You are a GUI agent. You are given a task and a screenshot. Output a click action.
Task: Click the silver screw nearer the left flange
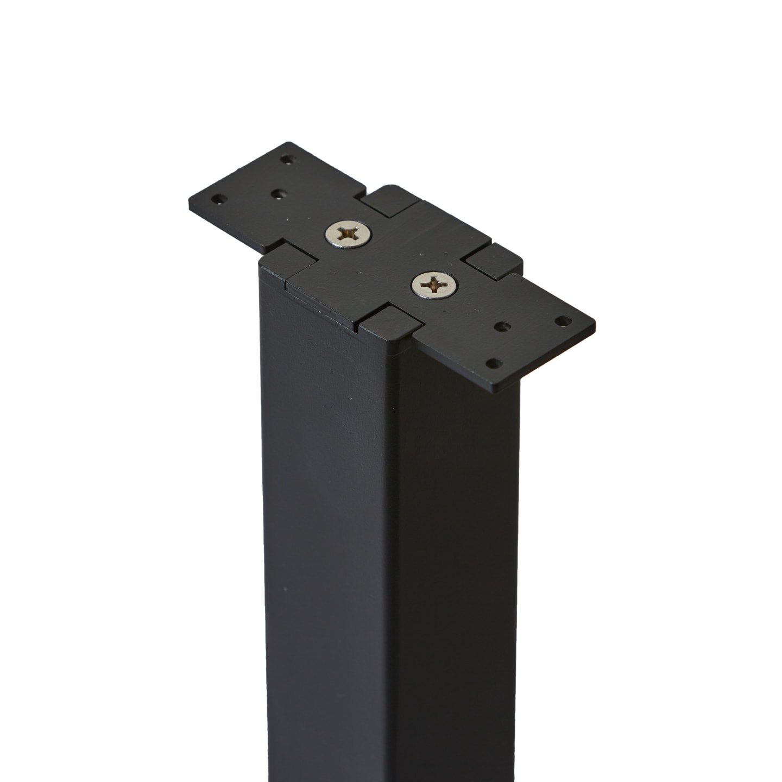pyautogui.click(x=349, y=234)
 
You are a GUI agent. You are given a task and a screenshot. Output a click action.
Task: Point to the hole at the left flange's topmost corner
pyautogui.click(x=286, y=160)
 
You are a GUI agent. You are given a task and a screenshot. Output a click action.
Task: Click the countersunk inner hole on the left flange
pyautogui.click(x=279, y=194)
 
